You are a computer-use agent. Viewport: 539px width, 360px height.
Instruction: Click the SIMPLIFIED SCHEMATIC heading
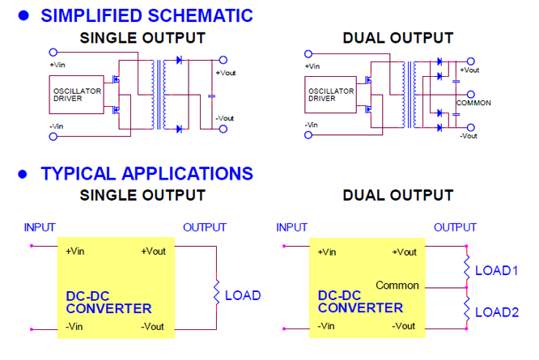(146, 15)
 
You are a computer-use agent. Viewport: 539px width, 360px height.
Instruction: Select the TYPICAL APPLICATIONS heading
(146, 173)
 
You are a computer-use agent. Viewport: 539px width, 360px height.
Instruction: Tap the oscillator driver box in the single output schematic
(76, 95)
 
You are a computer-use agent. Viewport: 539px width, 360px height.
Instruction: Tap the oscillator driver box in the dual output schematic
(331, 95)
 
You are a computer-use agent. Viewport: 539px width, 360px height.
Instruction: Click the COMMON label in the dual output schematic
(473, 103)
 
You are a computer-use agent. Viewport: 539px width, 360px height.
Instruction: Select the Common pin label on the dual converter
(397, 286)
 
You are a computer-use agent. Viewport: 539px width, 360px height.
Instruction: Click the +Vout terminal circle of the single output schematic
(223, 60)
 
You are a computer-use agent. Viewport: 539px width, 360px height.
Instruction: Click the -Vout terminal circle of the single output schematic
(223, 129)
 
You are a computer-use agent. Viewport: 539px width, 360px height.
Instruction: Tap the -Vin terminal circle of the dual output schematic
(308, 135)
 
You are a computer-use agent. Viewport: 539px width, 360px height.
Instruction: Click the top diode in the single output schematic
(179, 60)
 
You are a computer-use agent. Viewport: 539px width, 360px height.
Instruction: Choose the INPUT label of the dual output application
(292, 227)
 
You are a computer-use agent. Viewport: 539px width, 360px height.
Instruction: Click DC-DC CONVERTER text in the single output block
(108, 303)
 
